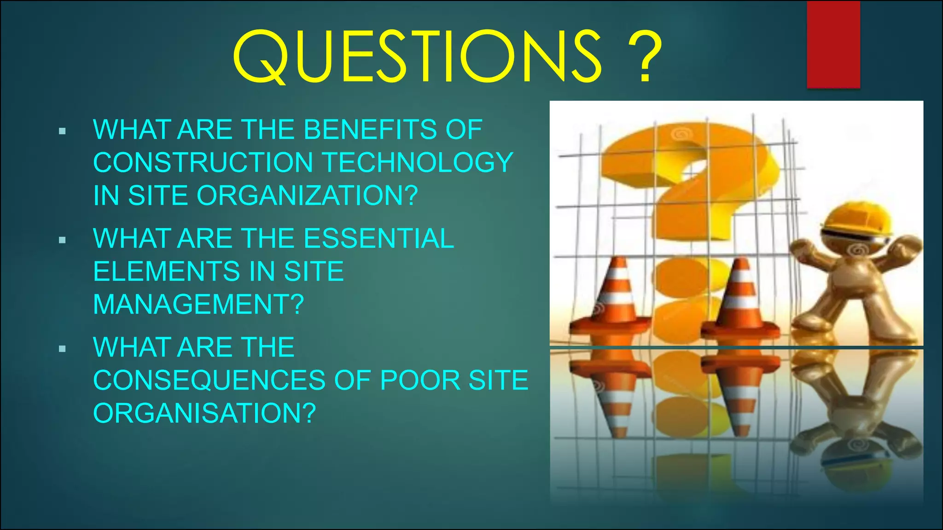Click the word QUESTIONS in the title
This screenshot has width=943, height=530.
(x=417, y=56)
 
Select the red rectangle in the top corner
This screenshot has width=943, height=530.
(x=833, y=44)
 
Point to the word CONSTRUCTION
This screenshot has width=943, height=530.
(x=203, y=162)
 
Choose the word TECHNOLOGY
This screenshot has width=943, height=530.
(x=417, y=162)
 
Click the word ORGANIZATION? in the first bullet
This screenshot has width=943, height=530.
(x=307, y=196)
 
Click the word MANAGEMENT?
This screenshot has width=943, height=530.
(x=198, y=305)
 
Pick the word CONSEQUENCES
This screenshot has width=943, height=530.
(x=210, y=380)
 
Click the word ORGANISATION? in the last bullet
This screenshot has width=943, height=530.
(x=204, y=413)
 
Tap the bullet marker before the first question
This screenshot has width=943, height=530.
(x=63, y=132)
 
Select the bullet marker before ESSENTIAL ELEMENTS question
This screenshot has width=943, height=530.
(x=63, y=240)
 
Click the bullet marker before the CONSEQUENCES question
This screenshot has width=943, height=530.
(x=63, y=349)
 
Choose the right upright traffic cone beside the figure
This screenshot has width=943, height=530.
(x=740, y=299)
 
